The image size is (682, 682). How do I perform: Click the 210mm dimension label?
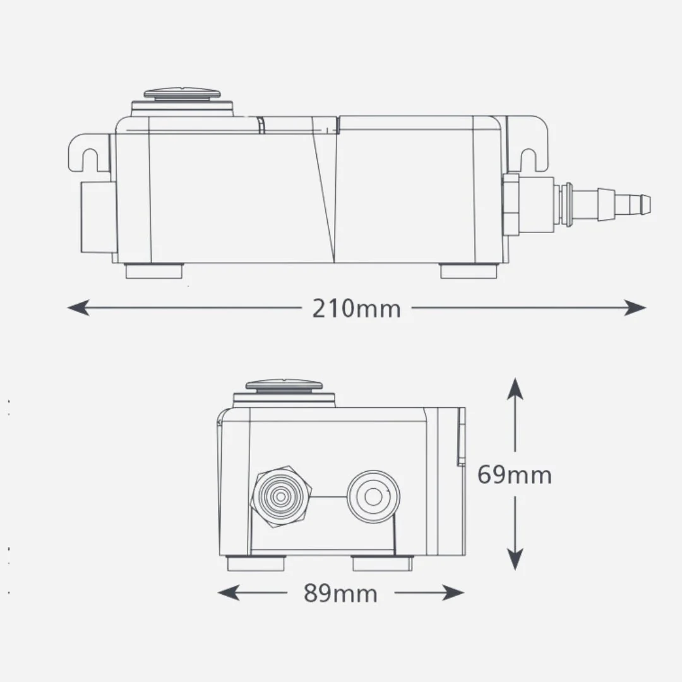coord(356,308)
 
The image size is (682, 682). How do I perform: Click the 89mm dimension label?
coord(340,593)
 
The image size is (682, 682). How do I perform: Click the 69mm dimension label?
coord(515,474)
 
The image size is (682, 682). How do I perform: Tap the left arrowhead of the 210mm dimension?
coord(78,308)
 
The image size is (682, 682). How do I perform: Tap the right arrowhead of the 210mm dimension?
coord(635,308)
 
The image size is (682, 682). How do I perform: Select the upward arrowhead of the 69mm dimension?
coord(515,388)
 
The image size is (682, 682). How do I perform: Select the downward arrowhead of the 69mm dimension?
coord(515,559)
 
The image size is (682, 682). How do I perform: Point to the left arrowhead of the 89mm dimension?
coord(229,592)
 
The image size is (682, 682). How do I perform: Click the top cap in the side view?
coord(182,93)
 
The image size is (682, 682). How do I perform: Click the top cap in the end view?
coord(284,385)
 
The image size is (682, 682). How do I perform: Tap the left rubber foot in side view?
coord(154,270)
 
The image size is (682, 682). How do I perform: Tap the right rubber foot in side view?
coord(469,270)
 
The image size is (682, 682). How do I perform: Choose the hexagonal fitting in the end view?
coord(282,497)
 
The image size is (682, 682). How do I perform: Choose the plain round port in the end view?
coord(373,497)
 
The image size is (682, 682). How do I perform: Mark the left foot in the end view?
coord(256,564)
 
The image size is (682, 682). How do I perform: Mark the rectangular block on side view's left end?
coord(99,217)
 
